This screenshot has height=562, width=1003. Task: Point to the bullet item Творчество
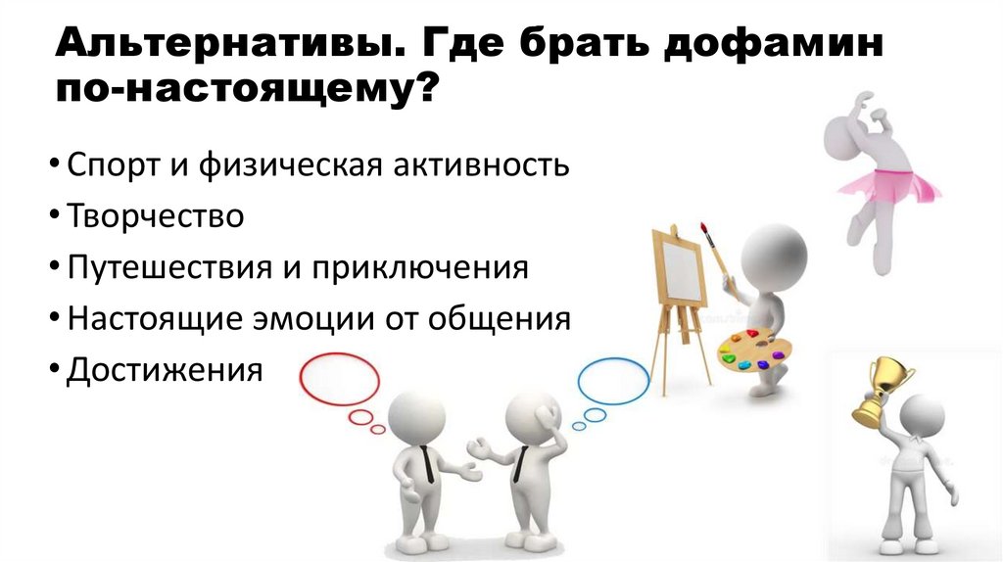[x=155, y=215]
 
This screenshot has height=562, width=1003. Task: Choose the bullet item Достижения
[x=165, y=371]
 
